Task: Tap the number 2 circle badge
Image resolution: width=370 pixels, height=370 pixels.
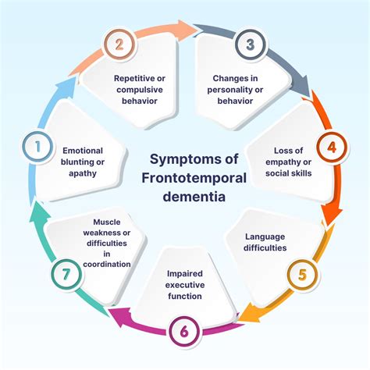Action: (x=119, y=44)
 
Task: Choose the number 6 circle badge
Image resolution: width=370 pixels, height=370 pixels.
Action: (x=185, y=332)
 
